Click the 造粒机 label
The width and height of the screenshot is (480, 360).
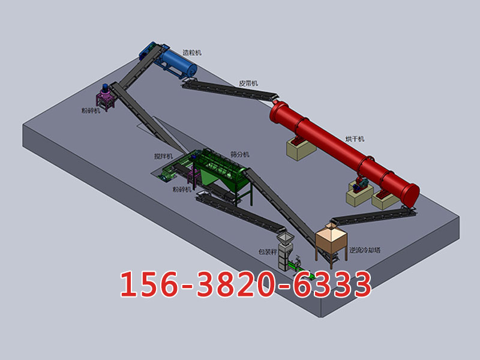[192, 53]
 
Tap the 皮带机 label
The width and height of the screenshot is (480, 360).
[248, 83]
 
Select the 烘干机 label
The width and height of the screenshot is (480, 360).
[355, 139]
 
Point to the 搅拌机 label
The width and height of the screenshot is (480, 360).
[163, 157]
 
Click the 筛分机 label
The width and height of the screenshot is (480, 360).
[239, 155]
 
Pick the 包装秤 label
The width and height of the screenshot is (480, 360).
[268, 252]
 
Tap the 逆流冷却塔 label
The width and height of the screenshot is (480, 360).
[365, 250]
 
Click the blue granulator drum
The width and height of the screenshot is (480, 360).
[178, 64]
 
